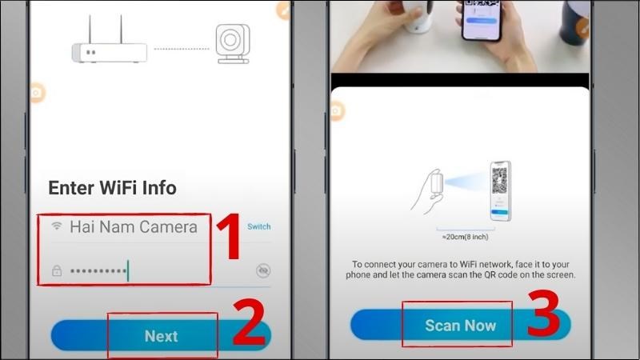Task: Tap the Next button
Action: [161, 336]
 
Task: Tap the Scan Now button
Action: [460, 326]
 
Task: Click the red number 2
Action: [246, 322]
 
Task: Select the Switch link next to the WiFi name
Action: [258, 226]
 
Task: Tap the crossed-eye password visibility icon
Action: [262, 271]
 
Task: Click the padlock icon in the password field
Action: [57, 271]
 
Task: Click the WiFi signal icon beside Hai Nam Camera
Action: [57, 226]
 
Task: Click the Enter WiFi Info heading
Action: [112, 188]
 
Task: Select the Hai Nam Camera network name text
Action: [133, 226]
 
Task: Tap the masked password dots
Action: [98, 271]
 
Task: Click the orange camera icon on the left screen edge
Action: [36, 93]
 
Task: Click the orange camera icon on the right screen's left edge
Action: [336, 110]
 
